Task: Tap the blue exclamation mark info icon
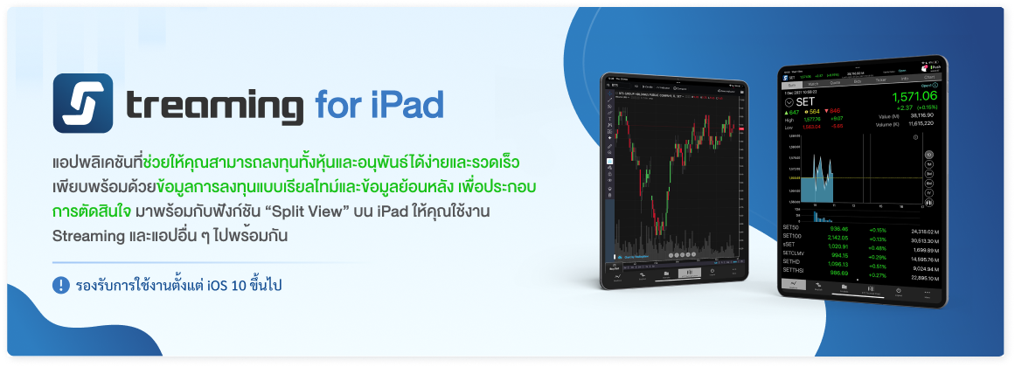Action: click(x=61, y=285)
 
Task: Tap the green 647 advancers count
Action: click(x=792, y=112)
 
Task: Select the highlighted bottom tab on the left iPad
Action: click(x=689, y=273)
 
